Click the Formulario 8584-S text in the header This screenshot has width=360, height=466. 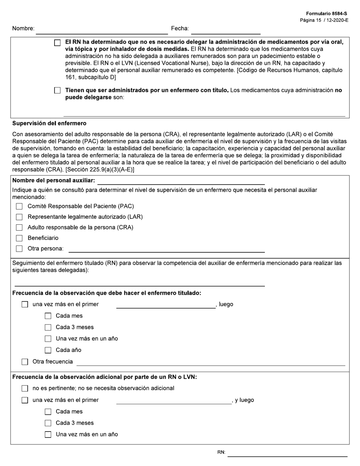326,14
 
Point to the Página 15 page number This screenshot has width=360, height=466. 324,20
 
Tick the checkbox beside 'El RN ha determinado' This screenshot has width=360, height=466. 57,43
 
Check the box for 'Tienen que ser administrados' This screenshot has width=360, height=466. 57,91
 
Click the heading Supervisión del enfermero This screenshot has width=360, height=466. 49,123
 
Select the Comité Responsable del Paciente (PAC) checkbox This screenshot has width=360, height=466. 19,206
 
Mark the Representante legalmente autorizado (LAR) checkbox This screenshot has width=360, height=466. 19,217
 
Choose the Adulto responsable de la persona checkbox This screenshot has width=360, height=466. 19,228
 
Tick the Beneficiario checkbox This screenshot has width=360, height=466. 19,238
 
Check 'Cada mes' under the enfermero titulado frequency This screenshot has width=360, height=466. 48,316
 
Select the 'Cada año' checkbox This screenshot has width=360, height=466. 48,350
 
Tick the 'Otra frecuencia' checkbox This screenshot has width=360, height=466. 25,362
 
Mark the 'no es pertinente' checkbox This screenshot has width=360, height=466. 25,388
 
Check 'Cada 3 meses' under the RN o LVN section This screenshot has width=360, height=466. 48,423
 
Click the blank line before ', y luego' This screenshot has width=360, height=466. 174,401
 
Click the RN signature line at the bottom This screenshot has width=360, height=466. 287,453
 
